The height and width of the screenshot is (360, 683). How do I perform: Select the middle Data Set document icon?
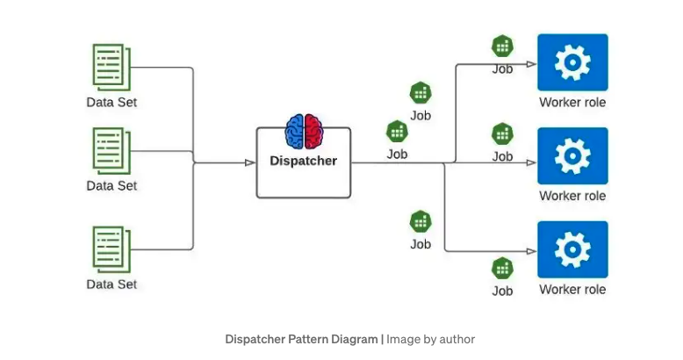tap(111, 151)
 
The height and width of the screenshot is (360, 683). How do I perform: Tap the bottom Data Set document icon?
tap(111, 248)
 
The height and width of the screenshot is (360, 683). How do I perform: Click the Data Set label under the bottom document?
tap(111, 284)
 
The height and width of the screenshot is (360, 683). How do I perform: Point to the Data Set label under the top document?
tap(111, 102)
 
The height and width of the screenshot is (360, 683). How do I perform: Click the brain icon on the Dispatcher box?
tap(304, 131)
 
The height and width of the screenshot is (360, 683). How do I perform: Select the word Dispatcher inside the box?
tap(303, 161)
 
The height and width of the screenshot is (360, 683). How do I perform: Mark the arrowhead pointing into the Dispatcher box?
tap(249, 162)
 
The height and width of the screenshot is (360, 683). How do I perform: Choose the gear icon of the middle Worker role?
tap(572, 156)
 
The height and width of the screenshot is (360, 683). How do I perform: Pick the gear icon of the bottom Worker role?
tap(572, 250)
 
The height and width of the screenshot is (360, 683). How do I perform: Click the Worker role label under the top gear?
tap(572, 103)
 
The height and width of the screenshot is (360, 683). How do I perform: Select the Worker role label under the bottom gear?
tap(572, 289)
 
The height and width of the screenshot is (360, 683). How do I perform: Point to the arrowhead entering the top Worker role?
tap(530, 64)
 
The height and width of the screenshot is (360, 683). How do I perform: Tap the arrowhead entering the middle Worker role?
tap(530, 162)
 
